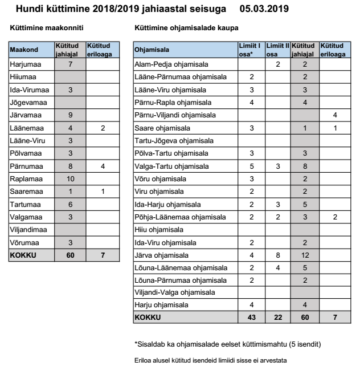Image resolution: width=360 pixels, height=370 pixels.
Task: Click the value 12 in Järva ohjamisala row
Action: point(305,255)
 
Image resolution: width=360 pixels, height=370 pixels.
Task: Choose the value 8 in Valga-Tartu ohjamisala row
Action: point(305,166)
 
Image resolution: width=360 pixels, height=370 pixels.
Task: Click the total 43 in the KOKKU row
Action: point(251,317)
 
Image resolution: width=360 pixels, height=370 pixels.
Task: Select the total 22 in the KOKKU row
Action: point(278,317)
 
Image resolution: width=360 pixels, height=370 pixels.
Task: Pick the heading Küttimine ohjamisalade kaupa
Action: point(186,28)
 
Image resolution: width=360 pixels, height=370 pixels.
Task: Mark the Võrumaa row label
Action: point(23,242)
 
